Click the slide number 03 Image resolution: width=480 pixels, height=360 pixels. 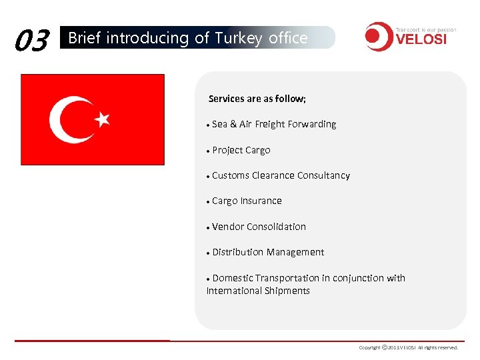point(32,41)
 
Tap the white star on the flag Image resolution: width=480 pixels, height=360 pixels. point(103,119)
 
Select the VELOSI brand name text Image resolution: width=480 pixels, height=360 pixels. point(421,39)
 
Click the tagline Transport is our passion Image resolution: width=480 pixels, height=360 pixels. point(425,30)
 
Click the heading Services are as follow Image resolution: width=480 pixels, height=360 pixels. point(257,99)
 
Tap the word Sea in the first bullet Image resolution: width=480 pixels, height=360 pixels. point(220,124)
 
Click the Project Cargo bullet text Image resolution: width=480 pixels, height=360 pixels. point(241,150)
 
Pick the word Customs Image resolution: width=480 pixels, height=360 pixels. point(230,175)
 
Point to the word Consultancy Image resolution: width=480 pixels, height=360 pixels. point(323,175)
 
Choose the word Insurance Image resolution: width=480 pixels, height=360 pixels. point(261,201)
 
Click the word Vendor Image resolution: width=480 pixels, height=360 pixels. point(228,227)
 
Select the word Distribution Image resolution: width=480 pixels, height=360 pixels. point(238,252)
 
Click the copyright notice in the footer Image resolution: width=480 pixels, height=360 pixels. point(409,347)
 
